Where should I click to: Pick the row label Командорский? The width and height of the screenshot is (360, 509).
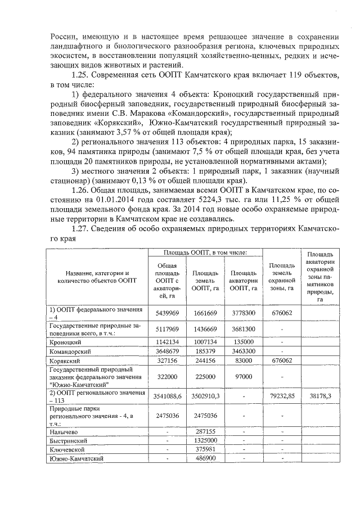pos(69,350)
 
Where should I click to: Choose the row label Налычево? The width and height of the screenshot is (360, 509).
pos(63,431)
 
